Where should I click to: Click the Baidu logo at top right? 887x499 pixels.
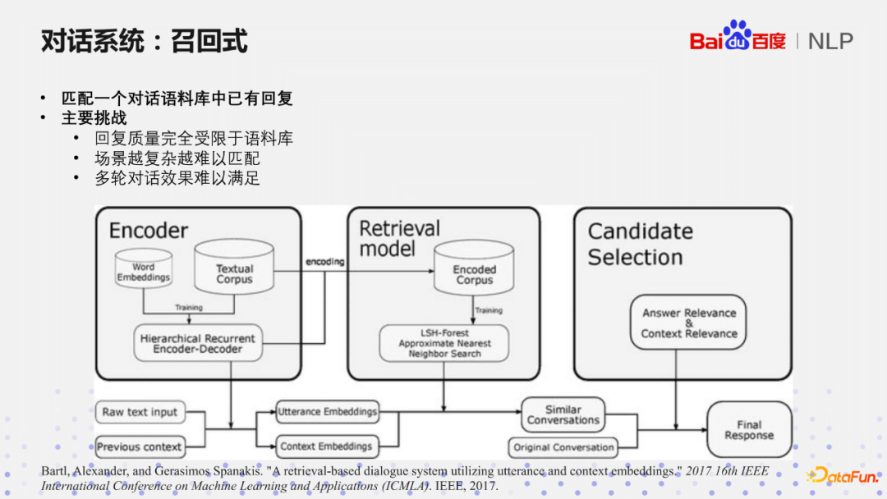[x=738, y=38]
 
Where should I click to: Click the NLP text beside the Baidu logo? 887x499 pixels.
[x=830, y=41]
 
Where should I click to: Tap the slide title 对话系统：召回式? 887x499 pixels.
[x=145, y=41]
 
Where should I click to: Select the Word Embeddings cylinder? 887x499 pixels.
[x=143, y=271]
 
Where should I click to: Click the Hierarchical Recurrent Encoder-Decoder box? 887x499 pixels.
[x=197, y=344]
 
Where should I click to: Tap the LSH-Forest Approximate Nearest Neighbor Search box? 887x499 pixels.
[x=443, y=343]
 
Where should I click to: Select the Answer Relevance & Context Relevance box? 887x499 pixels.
[x=688, y=323]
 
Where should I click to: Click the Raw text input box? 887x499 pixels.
[x=140, y=412]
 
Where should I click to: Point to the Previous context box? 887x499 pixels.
[x=140, y=447]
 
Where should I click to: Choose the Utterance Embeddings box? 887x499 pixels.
[x=328, y=412]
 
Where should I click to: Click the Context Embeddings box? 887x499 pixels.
[x=326, y=446]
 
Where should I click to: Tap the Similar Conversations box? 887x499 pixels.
[x=563, y=414]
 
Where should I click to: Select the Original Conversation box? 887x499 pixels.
[x=563, y=447]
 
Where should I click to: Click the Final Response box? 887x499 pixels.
[x=748, y=430]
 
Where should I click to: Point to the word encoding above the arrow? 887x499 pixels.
[x=325, y=262]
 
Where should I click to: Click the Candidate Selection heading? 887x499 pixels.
[x=640, y=244]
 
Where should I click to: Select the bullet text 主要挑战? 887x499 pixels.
[x=94, y=118]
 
